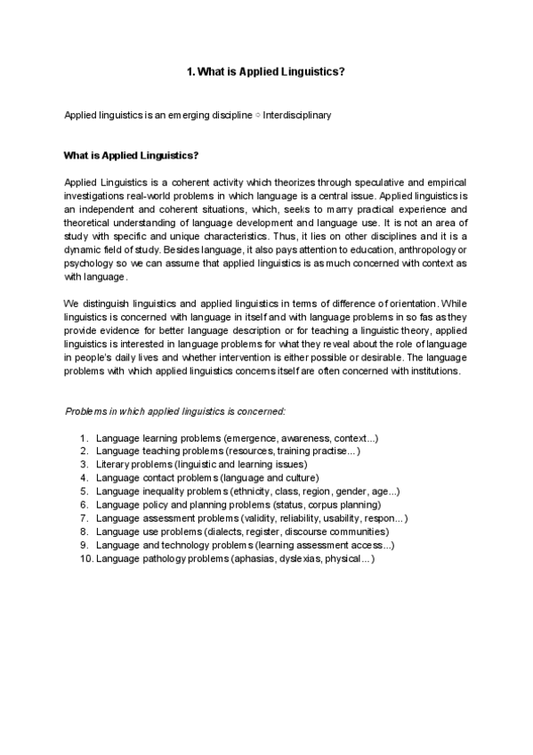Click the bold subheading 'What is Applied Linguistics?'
131,155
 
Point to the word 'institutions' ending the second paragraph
432,371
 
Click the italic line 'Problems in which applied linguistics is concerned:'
175,412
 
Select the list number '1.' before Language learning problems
85,439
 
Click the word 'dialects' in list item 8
230,532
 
